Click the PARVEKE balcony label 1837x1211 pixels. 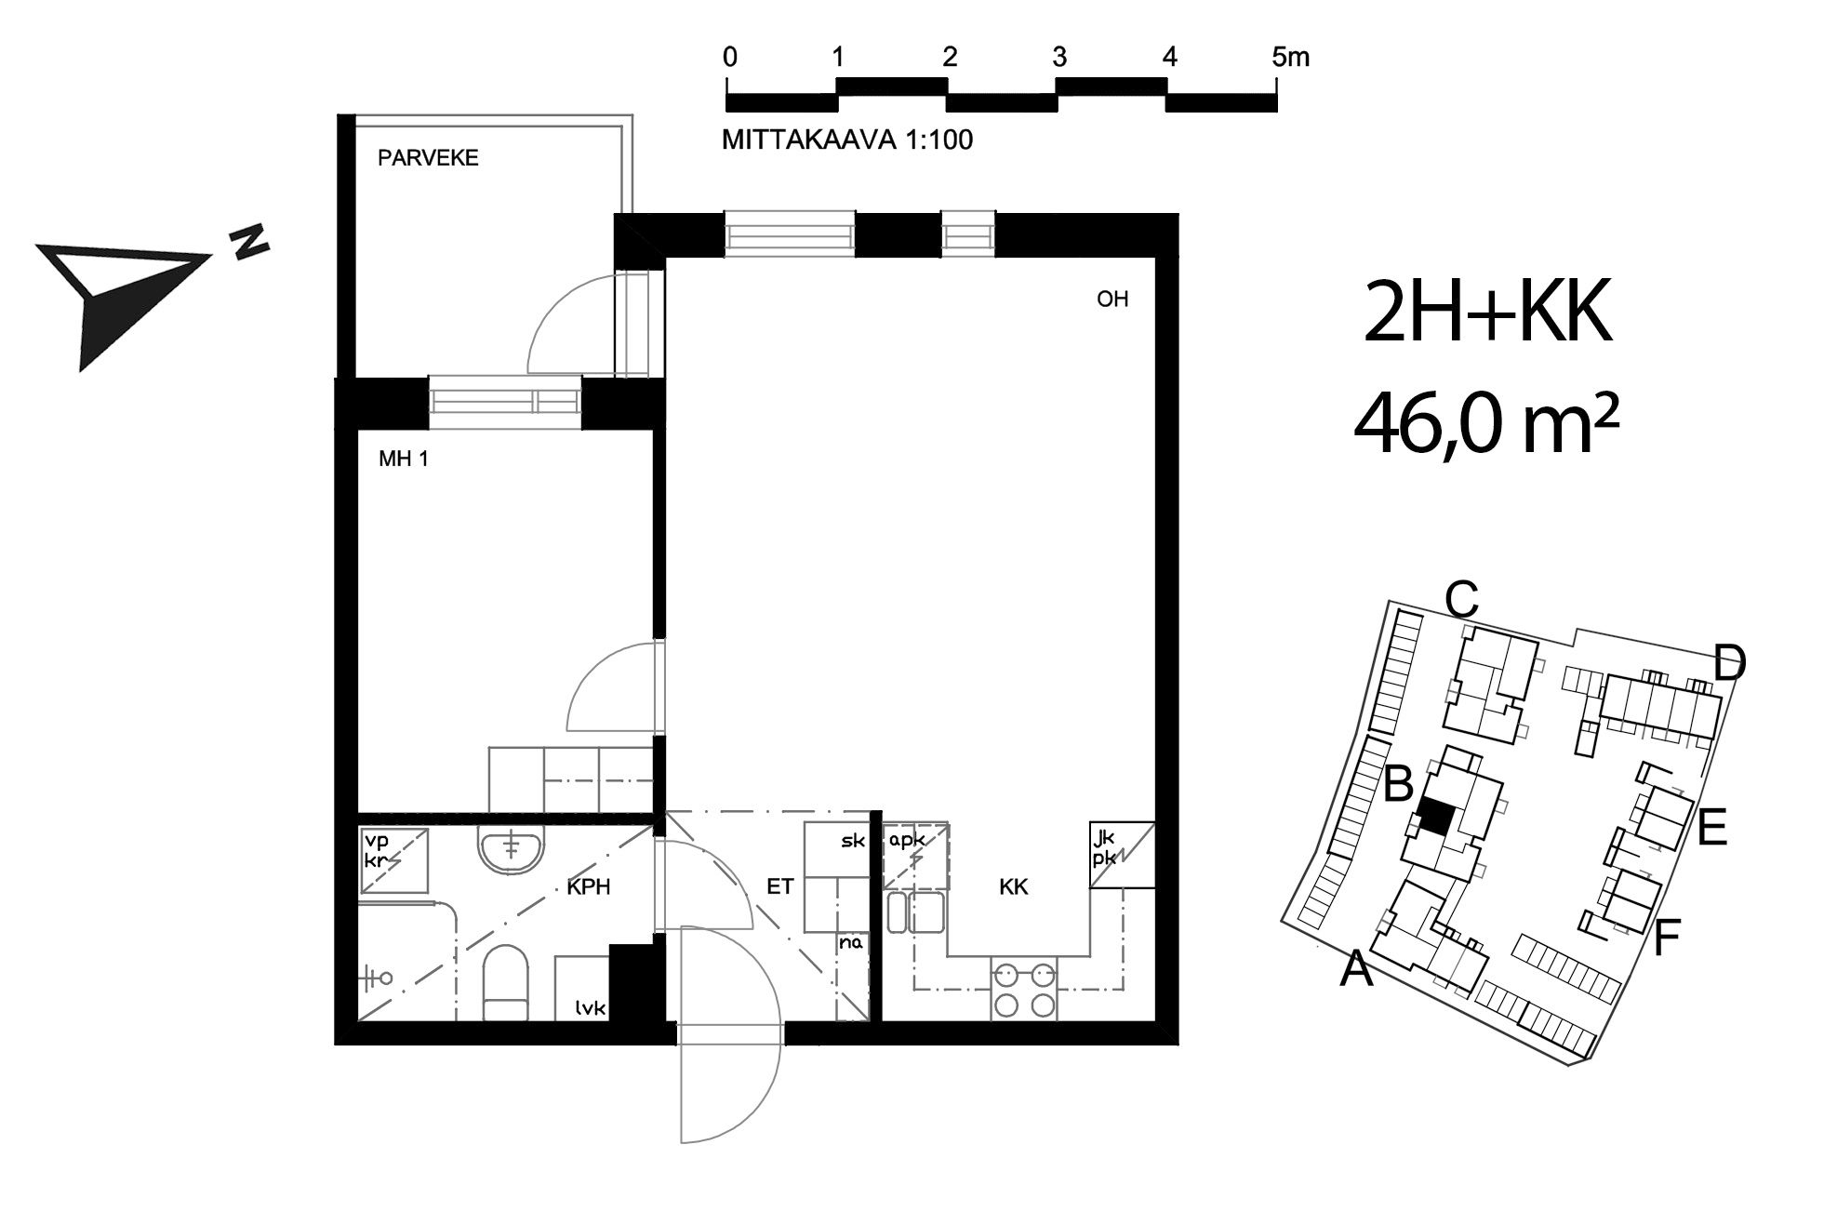(428, 158)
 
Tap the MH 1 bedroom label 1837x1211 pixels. (404, 459)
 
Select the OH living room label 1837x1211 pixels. (1112, 299)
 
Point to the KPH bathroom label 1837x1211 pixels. (589, 887)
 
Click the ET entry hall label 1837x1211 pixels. (779, 886)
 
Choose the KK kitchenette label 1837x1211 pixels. (1014, 887)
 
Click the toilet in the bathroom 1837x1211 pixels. (506, 982)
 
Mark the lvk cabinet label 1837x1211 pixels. (591, 1006)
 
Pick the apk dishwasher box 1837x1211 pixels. (915, 856)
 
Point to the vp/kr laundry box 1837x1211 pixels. (394, 860)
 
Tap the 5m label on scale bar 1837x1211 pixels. (1290, 58)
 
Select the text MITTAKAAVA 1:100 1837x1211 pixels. (847, 140)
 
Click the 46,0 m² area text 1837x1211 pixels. (1486, 424)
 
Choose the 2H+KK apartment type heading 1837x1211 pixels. (1486, 313)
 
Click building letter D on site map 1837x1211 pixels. (1729, 664)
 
